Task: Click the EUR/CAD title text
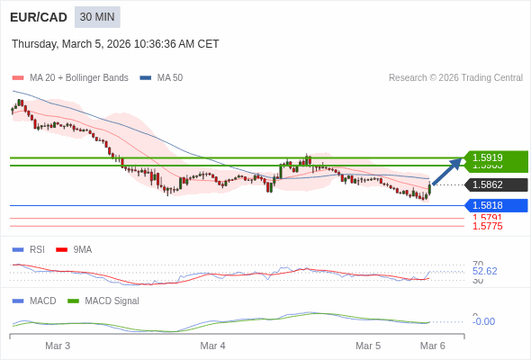(x=39, y=17)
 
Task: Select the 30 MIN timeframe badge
(x=97, y=17)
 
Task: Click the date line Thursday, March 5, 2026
(x=115, y=44)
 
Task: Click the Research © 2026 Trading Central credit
(x=455, y=78)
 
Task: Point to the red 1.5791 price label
(x=487, y=218)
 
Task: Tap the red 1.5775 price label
(x=487, y=226)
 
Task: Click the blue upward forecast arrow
(x=446, y=171)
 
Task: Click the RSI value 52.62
(x=484, y=271)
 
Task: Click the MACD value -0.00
(x=483, y=321)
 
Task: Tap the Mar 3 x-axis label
(x=58, y=346)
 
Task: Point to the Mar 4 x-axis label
(x=212, y=346)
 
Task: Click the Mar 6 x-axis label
(x=432, y=346)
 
